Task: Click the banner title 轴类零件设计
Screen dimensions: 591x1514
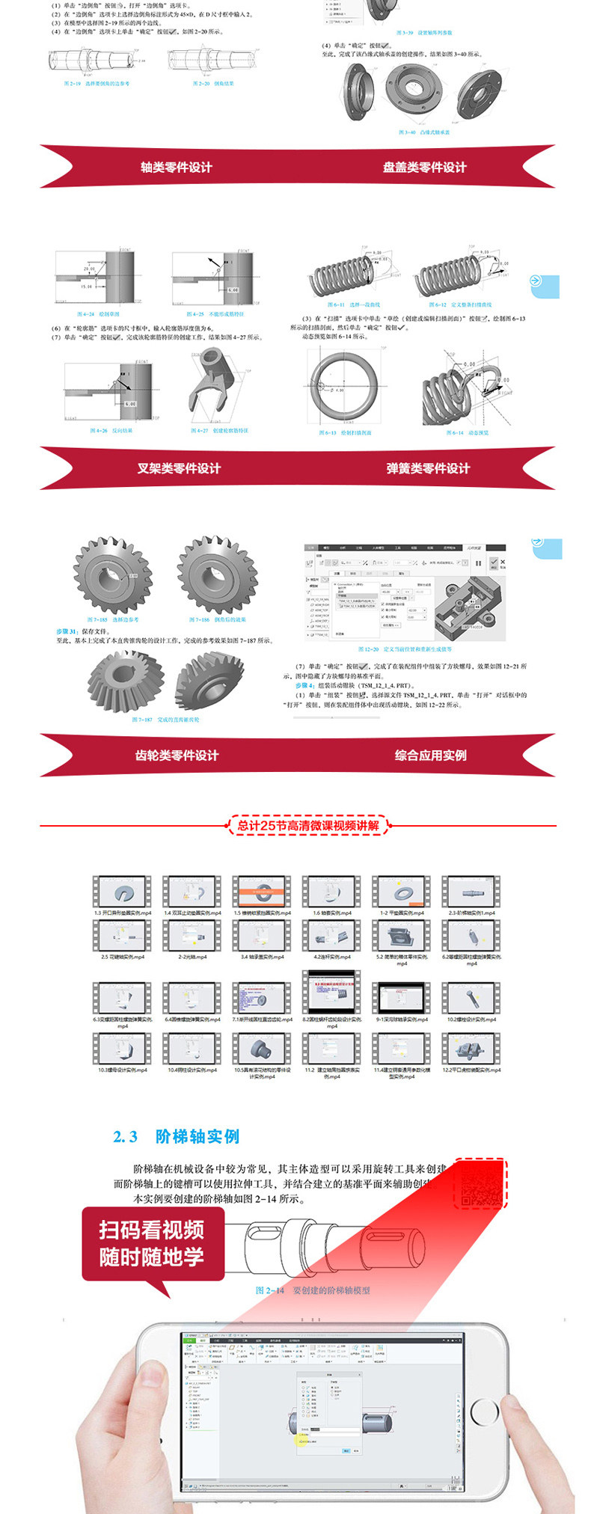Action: (x=177, y=168)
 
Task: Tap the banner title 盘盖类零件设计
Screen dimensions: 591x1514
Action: (x=424, y=168)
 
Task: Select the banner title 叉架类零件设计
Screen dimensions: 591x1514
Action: (x=179, y=468)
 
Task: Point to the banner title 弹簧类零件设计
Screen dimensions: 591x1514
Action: (x=428, y=468)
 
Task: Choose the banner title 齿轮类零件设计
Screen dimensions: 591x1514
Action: (x=177, y=756)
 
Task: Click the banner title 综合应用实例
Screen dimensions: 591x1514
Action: (x=431, y=756)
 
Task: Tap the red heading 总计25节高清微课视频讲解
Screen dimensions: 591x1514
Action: (x=308, y=826)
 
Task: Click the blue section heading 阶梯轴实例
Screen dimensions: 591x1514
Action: (x=197, y=1136)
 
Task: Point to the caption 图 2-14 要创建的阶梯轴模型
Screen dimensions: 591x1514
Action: (x=313, y=1290)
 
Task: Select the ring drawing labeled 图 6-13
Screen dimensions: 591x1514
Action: (x=345, y=387)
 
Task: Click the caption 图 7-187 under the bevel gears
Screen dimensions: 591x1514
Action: (x=166, y=720)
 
